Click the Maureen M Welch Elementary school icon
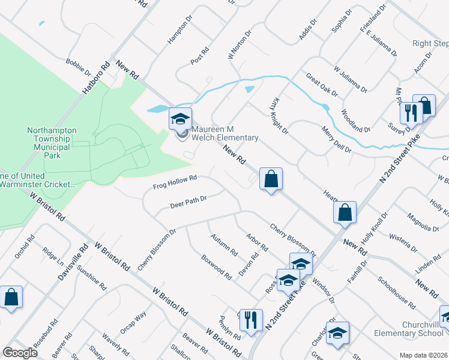pos(180,119)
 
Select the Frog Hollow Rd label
pos(175,179)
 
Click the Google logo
pos(20,353)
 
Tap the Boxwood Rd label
pos(216,268)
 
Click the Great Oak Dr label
pos(322,85)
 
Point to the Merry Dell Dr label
pos(336,140)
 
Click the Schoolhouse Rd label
pos(396,293)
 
